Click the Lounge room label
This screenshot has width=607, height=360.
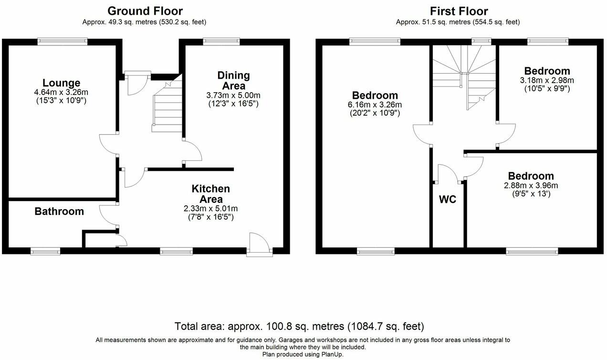(x=61, y=83)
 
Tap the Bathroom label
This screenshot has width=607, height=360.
(x=59, y=211)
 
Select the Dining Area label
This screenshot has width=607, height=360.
(x=233, y=81)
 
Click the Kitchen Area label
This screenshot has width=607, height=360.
(x=210, y=194)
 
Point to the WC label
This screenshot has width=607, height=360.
(x=448, y=200)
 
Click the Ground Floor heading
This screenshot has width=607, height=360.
(x=145, y=11)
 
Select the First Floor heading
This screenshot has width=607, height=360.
(x=459, y=11)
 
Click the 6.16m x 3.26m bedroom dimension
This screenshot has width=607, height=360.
(x=375, y=105)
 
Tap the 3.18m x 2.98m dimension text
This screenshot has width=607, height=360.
(x=547, y=80)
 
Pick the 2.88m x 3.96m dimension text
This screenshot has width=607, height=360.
(x=531, y=186)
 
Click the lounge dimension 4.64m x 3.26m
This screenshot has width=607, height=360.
(x=61, y=92)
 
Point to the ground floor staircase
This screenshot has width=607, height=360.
(x=167, y=107)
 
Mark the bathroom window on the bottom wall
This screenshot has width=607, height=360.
(x=45, y=250)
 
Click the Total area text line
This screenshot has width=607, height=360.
(x=299, y=327)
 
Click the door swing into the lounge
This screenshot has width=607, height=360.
(x=109, y=144)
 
